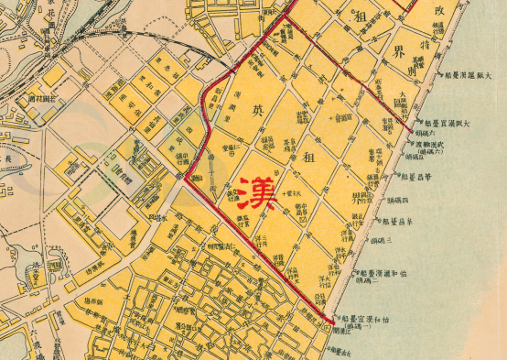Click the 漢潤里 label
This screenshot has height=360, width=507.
[x=236, y=96]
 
